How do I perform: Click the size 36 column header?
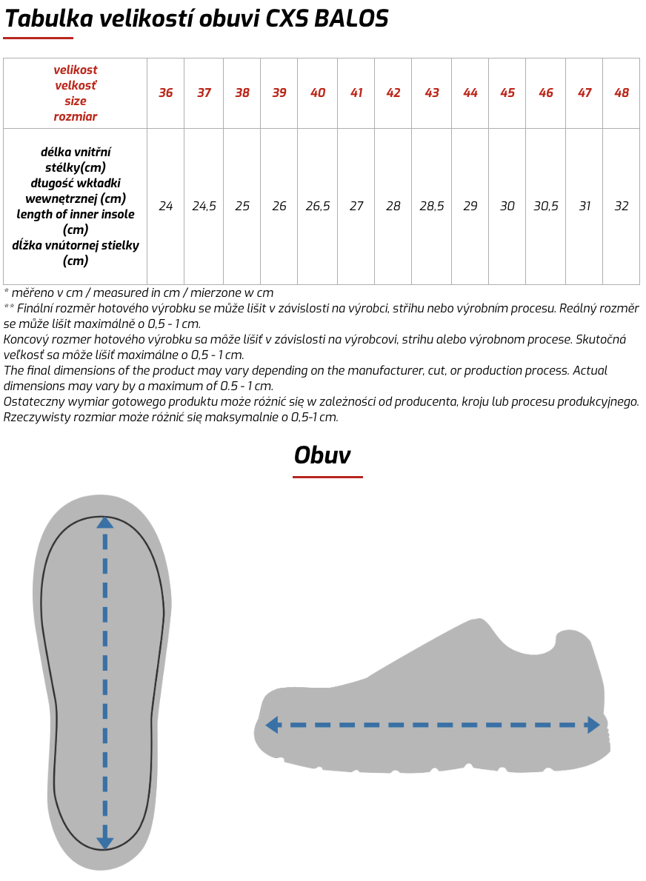click(166, 93)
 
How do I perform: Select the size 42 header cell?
click(393, 93)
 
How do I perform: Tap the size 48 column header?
click(622, 93)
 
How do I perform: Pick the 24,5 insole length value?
click(204, 207)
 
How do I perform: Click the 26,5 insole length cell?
click(318, 207)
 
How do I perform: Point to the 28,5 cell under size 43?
click(432, 207)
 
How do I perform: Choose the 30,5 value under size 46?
click(546, 207)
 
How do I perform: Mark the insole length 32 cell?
click(622, 207)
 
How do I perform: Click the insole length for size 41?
click(356, 207)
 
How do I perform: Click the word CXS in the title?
click(287, 19)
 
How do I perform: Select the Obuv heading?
click(322, 455)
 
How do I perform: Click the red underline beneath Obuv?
click(327, 477)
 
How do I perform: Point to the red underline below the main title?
click(39, 38)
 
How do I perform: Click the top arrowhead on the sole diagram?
click(105, 523)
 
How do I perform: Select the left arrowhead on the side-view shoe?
click(272, 726)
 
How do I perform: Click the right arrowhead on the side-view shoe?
click(593, 726)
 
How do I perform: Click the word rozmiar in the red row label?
click(76, 116)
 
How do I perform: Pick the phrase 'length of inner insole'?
click(76, 214)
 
